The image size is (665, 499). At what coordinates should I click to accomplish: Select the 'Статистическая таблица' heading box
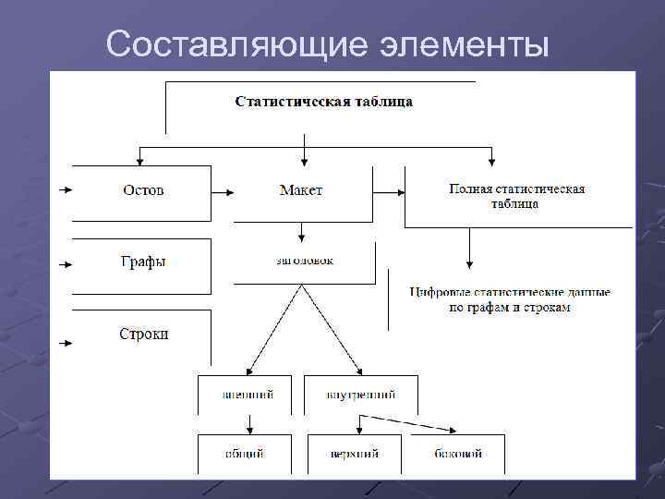pyautogui.click(x=323, y=102)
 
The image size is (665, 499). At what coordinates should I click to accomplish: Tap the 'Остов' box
pyautogui.click(x=142, y=190)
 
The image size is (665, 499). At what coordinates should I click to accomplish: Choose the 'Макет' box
pyautogui.click(x=301, y=190)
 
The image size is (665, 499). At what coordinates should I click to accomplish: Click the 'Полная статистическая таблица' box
pyautogui.click(x=516, y=196)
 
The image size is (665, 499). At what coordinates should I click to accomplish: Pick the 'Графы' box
pyautogui.click(x=142, y=262)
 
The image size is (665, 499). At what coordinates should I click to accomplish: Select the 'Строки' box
pyautogui.click(x=143, y=334)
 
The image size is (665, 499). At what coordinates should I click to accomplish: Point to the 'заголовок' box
pyautogui.click(x=305, y=262)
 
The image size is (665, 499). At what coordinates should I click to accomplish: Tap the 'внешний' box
pyautogui.click(x=246, y=395)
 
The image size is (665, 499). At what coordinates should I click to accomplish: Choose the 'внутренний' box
pyautogui.click(x=360, y=395)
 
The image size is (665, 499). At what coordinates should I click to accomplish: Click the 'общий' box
pyautogui.click(x=245, y=454)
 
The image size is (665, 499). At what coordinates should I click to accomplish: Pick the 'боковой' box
pyautogui.click(x=458, y=454)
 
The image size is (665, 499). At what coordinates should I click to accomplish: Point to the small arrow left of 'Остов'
pyautogui.click(x=65, y=191)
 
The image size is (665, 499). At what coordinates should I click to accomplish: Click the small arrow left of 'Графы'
pyautogui.click(x=65, y=263)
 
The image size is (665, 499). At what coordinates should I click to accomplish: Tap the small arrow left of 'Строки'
pyautogui.click(x=65, y=344)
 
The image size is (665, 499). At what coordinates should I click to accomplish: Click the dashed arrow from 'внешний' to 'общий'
pyautogui.click(x=250, y=424)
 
